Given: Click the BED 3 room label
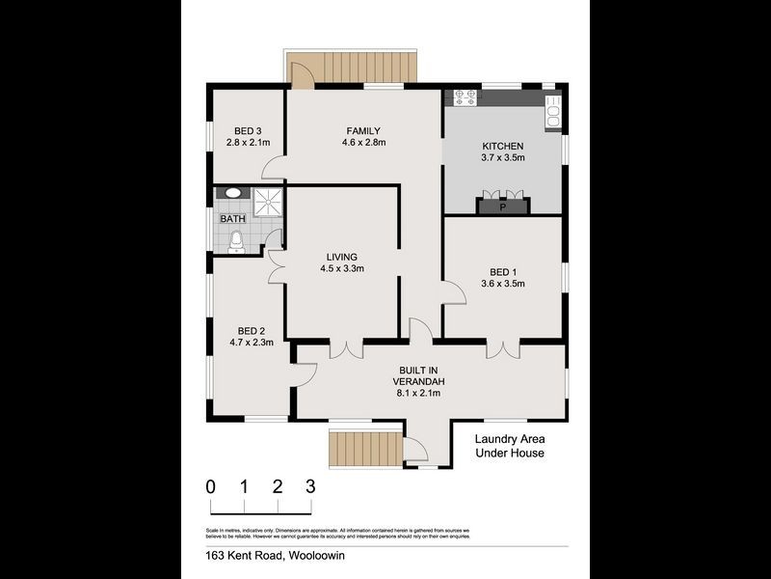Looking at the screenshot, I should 248,131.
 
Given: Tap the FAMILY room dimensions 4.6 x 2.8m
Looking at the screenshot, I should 363,143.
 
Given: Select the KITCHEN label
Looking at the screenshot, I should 502,148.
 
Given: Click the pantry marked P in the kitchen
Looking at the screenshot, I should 502,206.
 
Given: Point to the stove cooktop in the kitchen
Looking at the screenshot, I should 465,96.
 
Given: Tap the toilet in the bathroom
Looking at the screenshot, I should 234,242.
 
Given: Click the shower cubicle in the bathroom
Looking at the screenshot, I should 269,202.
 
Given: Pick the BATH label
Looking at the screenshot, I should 232,219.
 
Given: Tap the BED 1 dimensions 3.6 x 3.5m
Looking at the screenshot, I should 501,284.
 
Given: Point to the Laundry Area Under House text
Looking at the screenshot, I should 510,445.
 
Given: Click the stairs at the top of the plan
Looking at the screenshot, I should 365,69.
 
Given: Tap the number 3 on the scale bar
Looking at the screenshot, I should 310,485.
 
